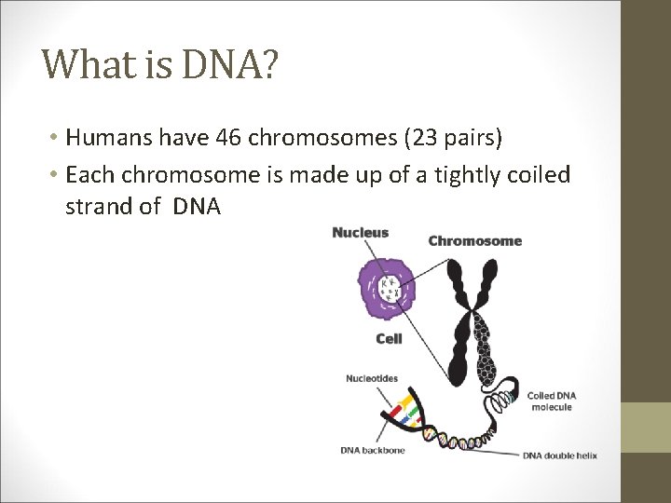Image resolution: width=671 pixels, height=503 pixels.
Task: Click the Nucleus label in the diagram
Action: pyautogui.click(x=360, y=232)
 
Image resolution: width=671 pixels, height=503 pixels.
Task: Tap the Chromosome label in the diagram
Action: pyautogui.click(x=474, y=241)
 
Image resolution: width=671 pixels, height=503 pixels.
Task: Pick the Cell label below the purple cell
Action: pyautogui.click(x=389, y=339)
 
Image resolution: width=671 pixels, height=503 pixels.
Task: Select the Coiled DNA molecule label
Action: pyautogui.click(x=553, y=401)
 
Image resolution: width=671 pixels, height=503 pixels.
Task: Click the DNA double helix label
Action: pyautogui.click(x=559, y=455)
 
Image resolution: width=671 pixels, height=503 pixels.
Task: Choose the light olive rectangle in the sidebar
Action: pyautogui.click(x=646, y=427)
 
